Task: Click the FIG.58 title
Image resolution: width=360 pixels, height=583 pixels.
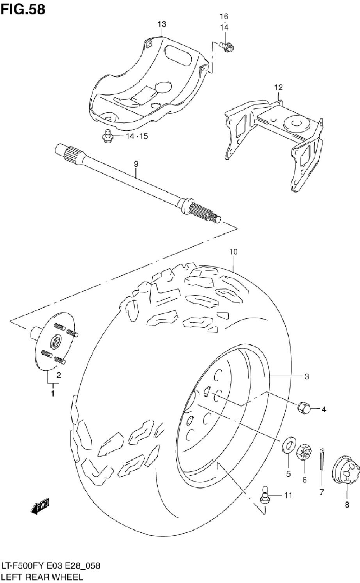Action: [23, 9]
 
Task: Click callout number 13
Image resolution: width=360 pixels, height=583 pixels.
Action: [162, 24]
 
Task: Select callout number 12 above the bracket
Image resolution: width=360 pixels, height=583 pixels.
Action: [278, 87]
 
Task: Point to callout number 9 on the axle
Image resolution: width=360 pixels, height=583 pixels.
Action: [136, 164]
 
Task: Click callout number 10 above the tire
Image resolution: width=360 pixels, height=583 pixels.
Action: [233, 252]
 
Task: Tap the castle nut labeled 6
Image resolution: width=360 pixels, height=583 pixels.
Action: [303, 453]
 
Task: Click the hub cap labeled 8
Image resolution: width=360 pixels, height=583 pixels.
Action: [346, 471]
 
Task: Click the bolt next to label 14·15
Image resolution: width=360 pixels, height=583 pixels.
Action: [107, 135]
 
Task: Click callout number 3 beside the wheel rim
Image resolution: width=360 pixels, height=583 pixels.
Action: [306, 377]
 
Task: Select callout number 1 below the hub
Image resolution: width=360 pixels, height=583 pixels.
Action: [53, 393]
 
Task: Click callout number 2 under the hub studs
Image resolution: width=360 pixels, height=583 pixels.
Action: [59, 375]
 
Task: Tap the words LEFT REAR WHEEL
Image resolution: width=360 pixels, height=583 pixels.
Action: [42, 577]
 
